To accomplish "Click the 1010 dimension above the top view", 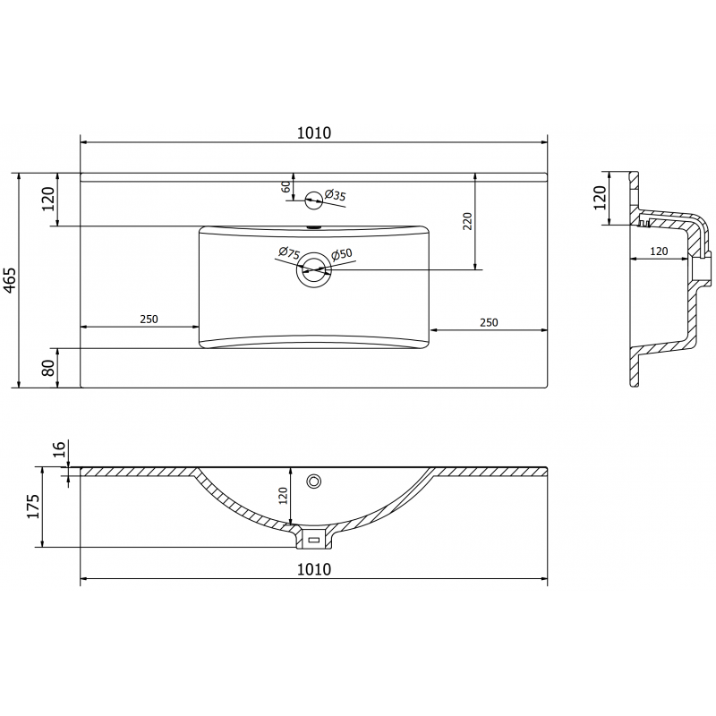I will tap(313, 132).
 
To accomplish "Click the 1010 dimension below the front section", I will tap(313, 569).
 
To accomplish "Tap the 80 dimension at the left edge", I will tap(50, 367).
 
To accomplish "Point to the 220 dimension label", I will tap(467, 220).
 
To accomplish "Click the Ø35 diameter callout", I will tap(335, 194).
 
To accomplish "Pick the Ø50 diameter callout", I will tap(342, 255).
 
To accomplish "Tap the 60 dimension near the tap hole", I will tap(286, 187).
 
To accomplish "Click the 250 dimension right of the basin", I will tap(488, 321).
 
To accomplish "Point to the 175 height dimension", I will tap(32, 507).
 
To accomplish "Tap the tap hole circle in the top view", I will tap(314, 199).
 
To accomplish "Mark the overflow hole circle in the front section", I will tap(314, 482).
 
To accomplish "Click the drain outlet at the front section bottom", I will tap(313, 539).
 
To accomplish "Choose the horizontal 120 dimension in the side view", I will tap(659, 251).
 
